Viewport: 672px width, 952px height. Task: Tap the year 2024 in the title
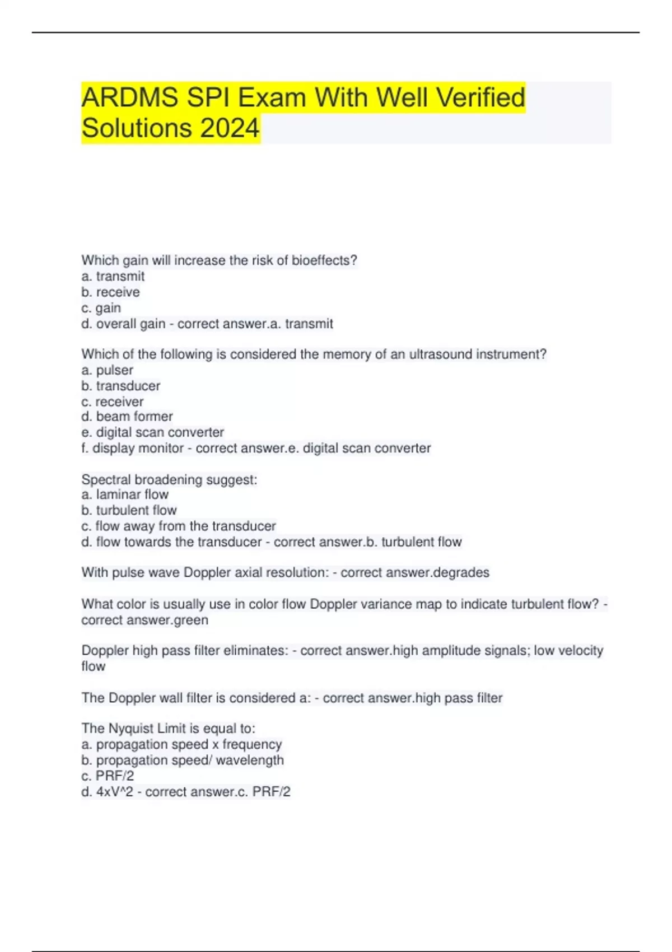[x=230, y=128]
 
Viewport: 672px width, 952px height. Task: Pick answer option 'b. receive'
[x=110, y=292]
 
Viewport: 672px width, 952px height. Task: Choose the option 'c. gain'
[x=101, y=308]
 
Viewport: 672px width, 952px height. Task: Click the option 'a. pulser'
[x=107, y=370]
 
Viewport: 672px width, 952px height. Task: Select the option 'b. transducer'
[x=120, y=386]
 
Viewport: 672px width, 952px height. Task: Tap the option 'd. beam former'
[x=127, y=417]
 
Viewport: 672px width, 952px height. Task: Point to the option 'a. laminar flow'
[x=124, y=494]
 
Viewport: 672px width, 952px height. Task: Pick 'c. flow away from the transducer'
[x=178, y=526]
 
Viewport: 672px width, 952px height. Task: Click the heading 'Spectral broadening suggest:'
[x=169, y=480]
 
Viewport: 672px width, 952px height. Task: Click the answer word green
[x=190, y=620]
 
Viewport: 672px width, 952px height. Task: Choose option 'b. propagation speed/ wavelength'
[x=182, y=760]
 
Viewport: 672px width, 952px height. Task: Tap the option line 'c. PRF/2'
[x=108, y=776]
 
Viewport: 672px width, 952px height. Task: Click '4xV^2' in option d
[x=114, y=792]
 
